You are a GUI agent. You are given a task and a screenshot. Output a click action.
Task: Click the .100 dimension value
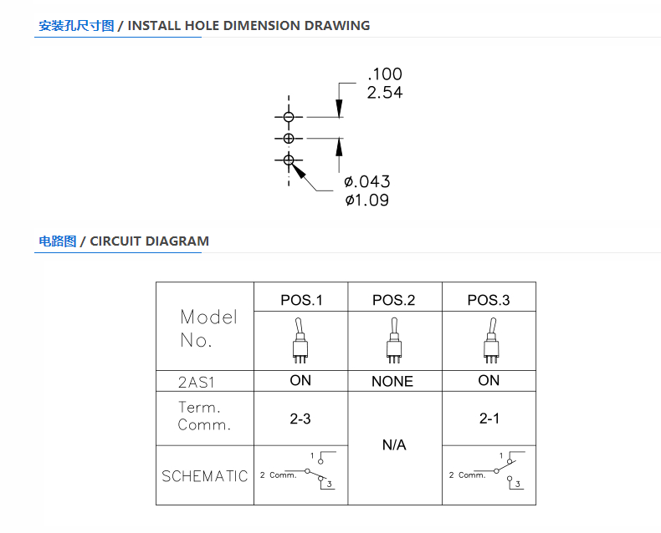coord(385,74)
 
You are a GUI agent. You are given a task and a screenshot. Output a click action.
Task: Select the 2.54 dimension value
coord(385,93)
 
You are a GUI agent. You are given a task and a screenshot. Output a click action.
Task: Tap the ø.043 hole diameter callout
coord(367,182)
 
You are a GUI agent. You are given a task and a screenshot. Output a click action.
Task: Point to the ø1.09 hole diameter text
coord(367,200)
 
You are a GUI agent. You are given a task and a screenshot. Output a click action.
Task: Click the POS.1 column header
coord(301,300)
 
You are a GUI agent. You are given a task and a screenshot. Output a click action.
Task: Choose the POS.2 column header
coord(394,300)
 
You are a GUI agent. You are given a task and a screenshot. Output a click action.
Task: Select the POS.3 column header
coord(489,300)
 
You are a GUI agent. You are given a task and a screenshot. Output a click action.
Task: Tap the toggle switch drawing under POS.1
coord(300,341)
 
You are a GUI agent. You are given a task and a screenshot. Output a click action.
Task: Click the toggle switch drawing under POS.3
coord(491,341)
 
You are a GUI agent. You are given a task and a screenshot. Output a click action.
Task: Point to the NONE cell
coord(392,382)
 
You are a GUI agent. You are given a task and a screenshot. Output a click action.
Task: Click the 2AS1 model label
coord(197,383)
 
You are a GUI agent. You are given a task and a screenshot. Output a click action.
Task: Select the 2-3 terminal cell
coord(300,419)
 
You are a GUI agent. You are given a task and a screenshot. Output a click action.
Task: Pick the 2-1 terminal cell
coord(489,419)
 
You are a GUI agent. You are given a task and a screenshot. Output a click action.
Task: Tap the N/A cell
coord(394,445)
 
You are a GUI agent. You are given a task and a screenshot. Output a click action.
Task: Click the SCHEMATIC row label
coord(205,476)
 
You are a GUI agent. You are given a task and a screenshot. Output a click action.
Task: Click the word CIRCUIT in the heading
coord(115,241)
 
